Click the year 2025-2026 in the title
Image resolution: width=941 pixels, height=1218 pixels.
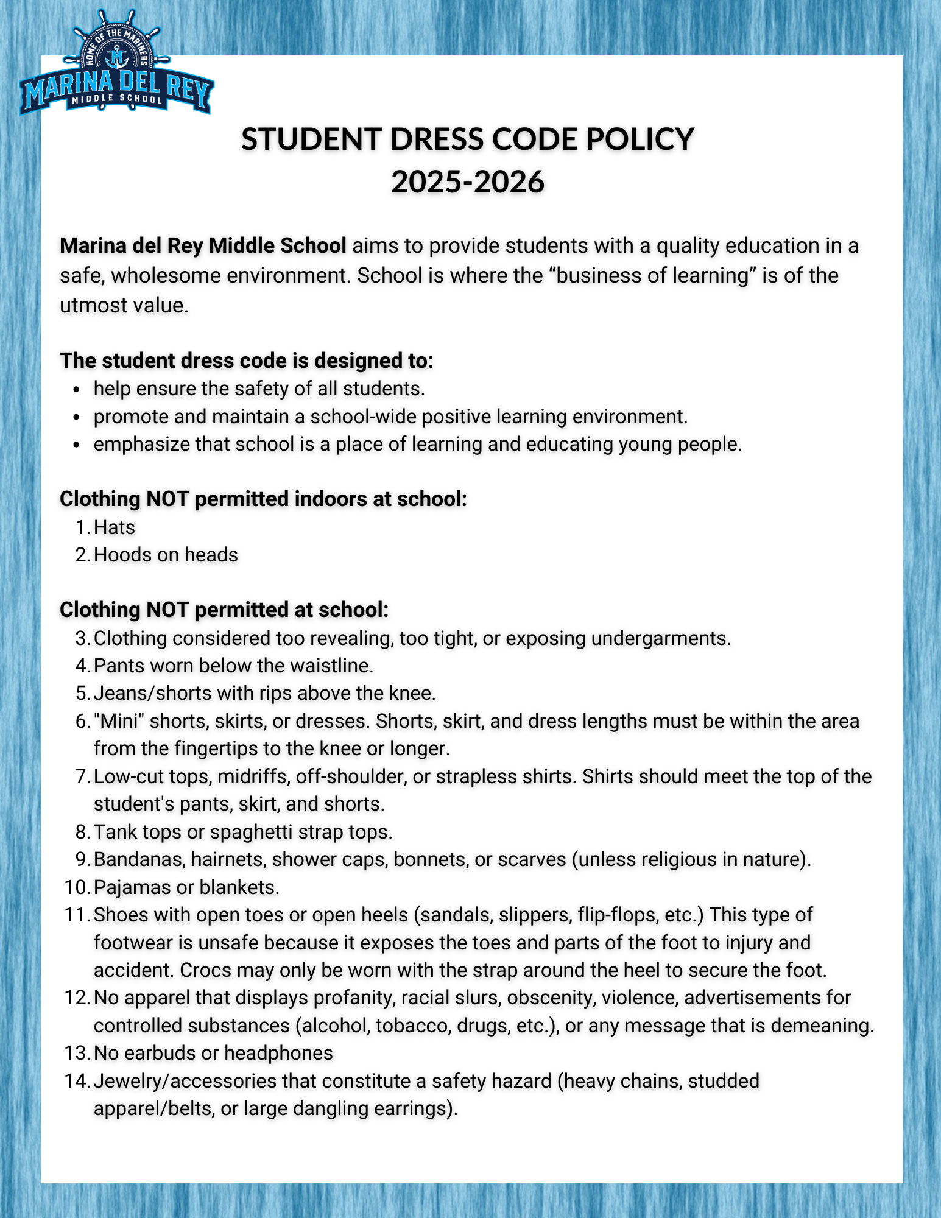click(467, 181)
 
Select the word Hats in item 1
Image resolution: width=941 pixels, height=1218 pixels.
click(115, 527)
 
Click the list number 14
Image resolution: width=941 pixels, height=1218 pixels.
click(76, 1081)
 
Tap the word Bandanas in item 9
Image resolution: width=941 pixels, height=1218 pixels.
click(139, 859)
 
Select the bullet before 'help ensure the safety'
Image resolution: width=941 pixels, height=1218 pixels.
click(76, 389)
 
